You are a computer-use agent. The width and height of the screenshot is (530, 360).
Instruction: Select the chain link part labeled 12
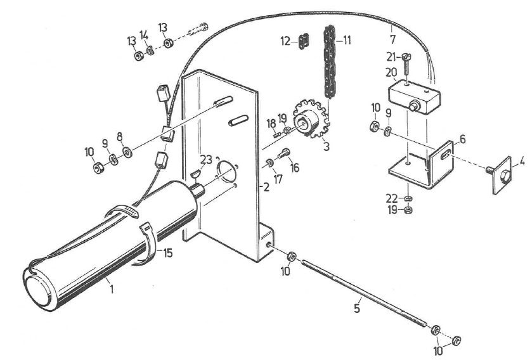click(303, 41)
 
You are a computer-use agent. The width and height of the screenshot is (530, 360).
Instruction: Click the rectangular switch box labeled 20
click(413, 96)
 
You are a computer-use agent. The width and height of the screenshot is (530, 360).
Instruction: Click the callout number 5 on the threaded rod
click(358, 308)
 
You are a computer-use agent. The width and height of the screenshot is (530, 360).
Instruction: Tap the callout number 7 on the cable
click(392, 39)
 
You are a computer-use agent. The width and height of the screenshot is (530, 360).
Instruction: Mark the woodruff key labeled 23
click(195, 174)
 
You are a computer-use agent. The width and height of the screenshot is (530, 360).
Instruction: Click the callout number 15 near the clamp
click(167, 252)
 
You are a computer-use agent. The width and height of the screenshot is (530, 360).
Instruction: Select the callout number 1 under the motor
click(111, 290)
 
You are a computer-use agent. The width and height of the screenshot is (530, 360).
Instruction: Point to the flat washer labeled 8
click(127, 153)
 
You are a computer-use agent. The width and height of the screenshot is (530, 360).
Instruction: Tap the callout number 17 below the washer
click(278, 179)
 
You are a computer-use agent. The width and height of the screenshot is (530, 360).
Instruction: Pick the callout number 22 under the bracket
click(391, 198)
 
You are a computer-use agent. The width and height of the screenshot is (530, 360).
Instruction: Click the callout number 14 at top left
click(144, 35)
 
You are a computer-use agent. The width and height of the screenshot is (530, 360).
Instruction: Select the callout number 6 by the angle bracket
click(462, 139)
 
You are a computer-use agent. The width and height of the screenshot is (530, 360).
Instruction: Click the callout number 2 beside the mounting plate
click(266, 187)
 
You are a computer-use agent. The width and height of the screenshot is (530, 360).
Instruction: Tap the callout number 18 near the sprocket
click(271, 124)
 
